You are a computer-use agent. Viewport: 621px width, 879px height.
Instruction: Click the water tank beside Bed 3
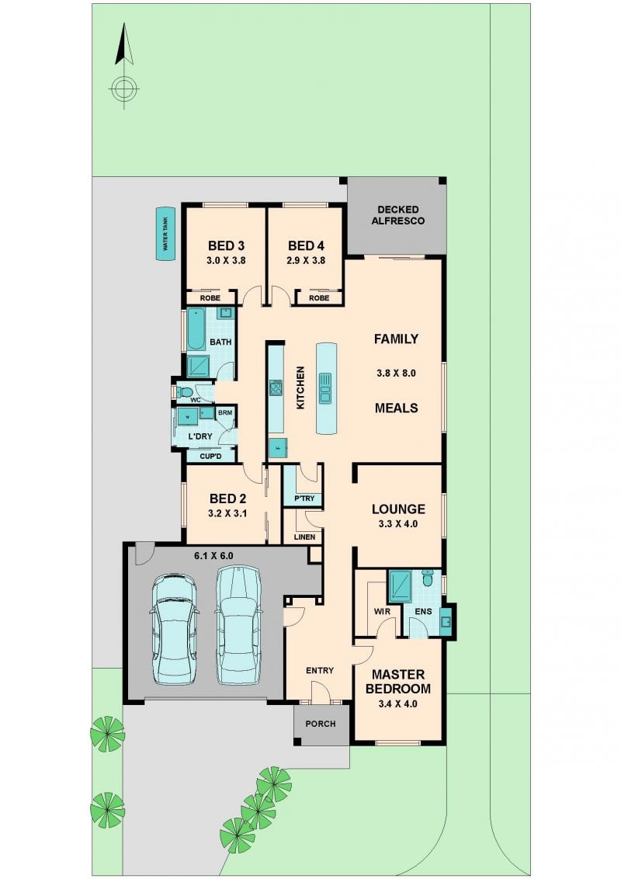165,235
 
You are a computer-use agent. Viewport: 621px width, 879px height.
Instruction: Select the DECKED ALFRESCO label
398,215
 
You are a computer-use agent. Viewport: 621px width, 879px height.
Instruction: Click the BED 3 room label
227,245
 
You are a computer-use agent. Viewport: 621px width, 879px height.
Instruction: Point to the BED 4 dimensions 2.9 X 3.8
306,261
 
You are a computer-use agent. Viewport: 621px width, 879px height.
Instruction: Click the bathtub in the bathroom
196,329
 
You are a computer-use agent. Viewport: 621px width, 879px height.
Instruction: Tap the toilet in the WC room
185,391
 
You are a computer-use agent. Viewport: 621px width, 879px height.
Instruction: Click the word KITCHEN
300,388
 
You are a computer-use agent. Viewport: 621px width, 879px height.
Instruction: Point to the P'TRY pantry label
304,499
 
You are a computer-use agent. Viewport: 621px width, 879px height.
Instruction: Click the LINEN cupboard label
304,537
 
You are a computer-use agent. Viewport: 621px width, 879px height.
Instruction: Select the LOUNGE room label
398,509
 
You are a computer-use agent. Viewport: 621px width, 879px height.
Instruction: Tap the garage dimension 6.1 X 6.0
213,556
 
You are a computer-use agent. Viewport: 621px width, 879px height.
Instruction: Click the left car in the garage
175,628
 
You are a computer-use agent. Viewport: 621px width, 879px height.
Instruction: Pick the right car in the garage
239,625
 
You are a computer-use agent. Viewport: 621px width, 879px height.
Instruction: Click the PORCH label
321,724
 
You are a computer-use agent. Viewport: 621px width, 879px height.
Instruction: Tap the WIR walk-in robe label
382,612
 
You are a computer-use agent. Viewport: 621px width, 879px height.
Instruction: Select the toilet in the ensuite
428,578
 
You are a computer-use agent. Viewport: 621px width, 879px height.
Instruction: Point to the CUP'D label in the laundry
210,457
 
